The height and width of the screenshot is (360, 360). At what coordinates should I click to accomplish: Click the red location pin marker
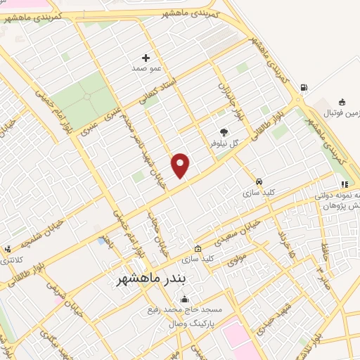[181, 165]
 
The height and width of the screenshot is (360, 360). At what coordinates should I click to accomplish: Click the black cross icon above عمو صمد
[146, 58]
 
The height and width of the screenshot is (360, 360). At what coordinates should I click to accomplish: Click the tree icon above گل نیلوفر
[224, 131]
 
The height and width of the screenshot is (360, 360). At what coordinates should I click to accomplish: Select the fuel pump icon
[303, 87]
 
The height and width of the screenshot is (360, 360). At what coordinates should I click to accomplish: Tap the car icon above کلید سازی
[259, 180]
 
